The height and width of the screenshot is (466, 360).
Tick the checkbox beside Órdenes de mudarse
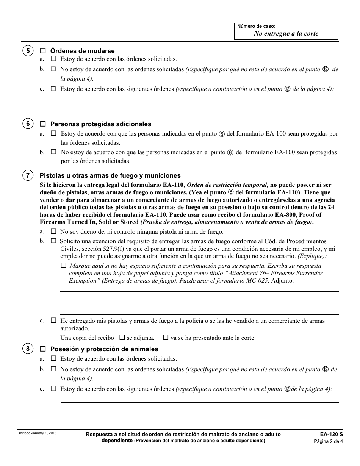pos(43,51)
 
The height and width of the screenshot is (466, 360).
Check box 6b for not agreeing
pos(53,152)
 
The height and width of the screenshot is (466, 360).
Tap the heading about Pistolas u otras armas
pos(110,175)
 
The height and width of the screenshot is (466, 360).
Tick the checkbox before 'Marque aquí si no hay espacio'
pos(63,266)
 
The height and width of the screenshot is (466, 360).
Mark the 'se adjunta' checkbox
pos(122,337)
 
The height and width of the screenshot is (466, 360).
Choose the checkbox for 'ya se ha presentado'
pos(166,337)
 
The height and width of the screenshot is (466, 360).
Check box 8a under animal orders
pos(53,358)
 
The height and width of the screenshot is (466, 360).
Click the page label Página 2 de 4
pos(328,441)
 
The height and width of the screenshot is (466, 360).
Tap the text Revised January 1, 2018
pos(37,433)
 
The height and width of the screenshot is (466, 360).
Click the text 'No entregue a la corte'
pos(286,33)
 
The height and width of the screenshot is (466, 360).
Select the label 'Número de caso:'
pos(256,26)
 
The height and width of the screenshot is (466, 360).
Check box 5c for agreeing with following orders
pos(53,89)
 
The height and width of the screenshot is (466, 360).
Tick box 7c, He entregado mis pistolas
pos(53,320)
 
